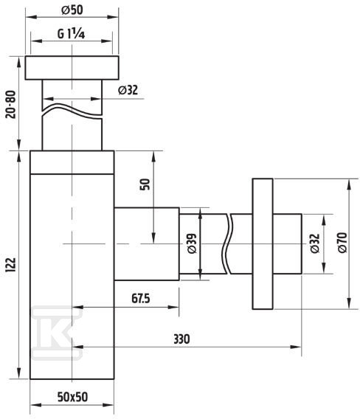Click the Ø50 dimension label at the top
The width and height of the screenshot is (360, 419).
click(x=72, y=10)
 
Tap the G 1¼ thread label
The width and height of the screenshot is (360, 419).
click(x=72, y=34)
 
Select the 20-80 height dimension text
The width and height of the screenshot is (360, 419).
click(x=11, y=105)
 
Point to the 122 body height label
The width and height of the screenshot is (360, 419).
click(x=11, y=266)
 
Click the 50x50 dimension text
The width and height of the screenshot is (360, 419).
click(x=72, y=397)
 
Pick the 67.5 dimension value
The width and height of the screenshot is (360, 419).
click(x=141, y=298)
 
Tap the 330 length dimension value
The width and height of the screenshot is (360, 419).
click(x=181, y=339)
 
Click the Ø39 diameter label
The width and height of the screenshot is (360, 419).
click(x=192, y=243)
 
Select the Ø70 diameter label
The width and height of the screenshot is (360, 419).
click(x=342, y=243)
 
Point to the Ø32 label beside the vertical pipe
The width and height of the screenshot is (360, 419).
click(x=128, y=90)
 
